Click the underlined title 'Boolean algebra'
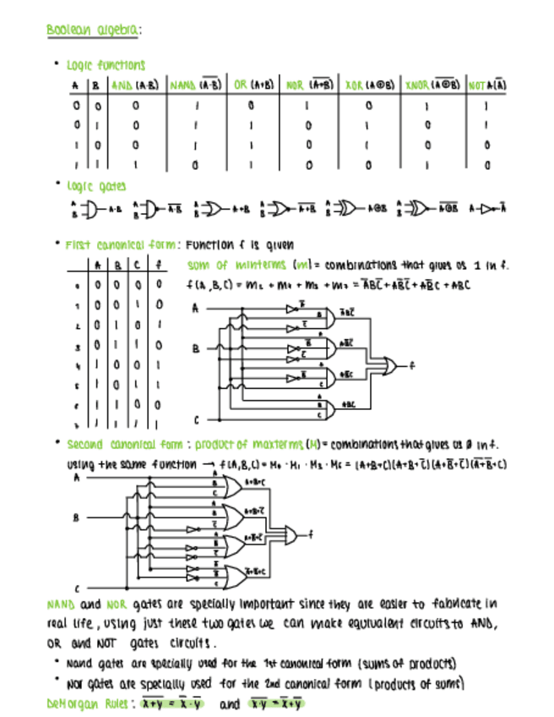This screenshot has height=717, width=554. [x=93, y=30]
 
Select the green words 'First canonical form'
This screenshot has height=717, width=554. [x=122, y=246]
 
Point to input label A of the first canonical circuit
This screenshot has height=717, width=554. [x=195, y=309]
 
